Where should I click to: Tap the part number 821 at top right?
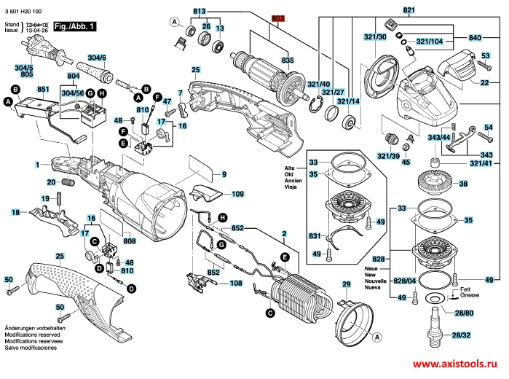click(409, 10)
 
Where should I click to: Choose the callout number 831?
click(314, 236)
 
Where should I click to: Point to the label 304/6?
click(97, 58)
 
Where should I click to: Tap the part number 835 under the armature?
click(288, 59)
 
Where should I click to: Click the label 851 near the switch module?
click(43, 89)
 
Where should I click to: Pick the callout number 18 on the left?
click(15, 212)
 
